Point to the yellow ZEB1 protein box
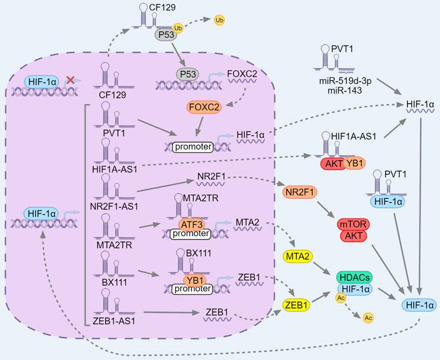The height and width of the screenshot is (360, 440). pyautogui.click(x=296, y=306)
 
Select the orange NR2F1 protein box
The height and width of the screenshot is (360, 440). pyautogui.click(x=296, y=192)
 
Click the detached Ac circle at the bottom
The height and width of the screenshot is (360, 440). pyautogui.click(x=368, y=318)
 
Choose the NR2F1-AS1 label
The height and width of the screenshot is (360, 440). pyautogui.click(x=118, y=206)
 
